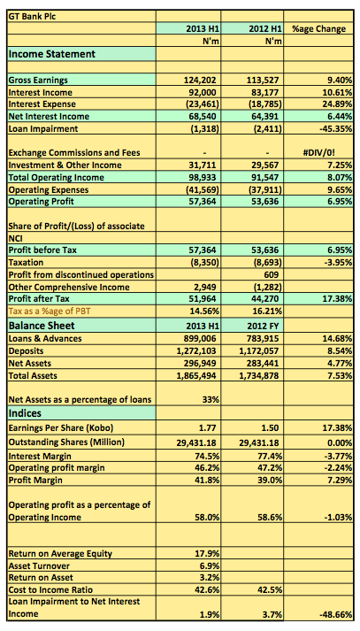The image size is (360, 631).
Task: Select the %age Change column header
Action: click(x=319, y=29)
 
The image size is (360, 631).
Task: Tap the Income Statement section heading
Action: click(x=52, y=54)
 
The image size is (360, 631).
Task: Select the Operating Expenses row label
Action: click(x=49, y=189)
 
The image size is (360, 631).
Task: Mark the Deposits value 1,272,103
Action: click(x=196, y=351)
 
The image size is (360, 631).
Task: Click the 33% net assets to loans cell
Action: click(x=210, y=400)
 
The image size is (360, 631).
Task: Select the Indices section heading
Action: click(x=25, y=413)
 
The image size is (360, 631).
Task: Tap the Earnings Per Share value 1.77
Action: click(x=208, y=427)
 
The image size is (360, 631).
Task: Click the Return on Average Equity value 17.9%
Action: click(x=207, y=554)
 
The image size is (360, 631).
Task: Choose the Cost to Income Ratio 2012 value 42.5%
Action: click(x=270, y=590)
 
